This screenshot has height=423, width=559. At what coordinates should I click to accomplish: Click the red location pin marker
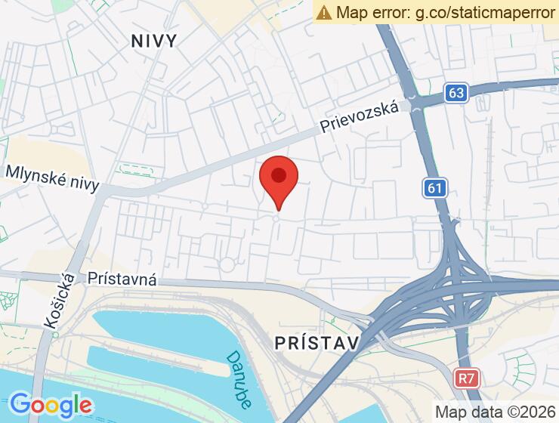tap(279, 181)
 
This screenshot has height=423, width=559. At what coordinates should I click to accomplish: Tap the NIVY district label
tap(154, 41)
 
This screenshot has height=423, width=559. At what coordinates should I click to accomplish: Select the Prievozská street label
tap(358, 118)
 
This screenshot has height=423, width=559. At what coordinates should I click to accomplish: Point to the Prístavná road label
tap(122, 279)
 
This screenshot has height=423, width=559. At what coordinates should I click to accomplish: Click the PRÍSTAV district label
tap(316, 343)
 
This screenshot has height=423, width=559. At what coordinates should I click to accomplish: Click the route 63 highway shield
tap(456, 93)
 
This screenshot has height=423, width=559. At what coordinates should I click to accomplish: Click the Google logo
tap(51, 404)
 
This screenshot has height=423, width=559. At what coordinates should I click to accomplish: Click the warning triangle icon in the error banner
tap(324, 12)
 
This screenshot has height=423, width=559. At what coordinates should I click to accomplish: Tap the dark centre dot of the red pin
tap(279, 176)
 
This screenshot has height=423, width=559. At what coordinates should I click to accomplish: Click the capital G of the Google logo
tap(21, 403)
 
